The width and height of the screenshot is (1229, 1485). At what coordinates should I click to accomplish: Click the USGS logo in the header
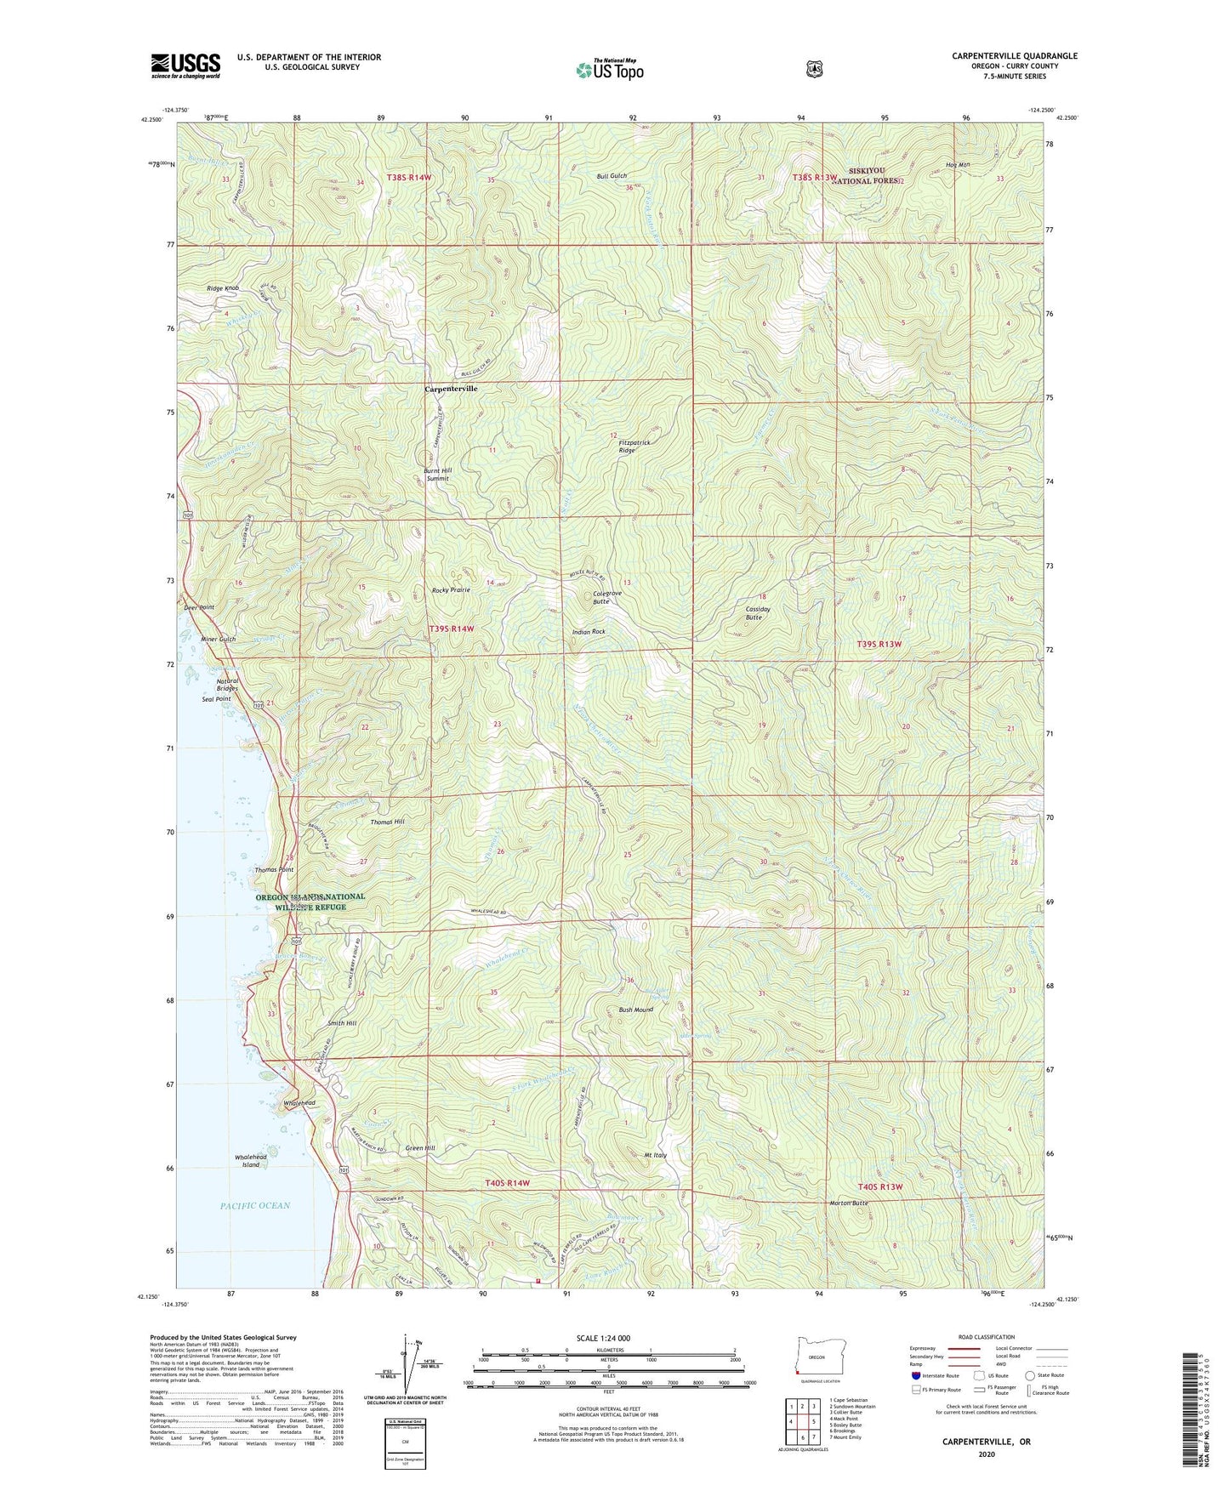185,65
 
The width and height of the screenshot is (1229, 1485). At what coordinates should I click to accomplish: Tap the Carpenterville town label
451,389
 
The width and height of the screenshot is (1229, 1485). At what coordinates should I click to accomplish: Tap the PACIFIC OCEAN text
255,1205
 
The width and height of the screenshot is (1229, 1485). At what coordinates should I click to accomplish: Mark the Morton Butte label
848,1203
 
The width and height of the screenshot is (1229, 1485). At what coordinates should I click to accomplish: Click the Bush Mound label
635,1010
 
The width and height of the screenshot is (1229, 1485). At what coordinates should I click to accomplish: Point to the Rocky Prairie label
451,590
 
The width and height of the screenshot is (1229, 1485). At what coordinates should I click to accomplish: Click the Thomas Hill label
387,822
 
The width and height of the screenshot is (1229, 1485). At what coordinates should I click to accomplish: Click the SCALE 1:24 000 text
603,1339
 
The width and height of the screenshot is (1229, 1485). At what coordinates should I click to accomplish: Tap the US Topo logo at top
609,69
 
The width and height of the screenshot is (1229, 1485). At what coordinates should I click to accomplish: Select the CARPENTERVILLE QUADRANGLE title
1014,56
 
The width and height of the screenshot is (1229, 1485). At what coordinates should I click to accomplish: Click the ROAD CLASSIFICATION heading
982,1338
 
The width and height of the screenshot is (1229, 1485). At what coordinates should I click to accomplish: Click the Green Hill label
419,1148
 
